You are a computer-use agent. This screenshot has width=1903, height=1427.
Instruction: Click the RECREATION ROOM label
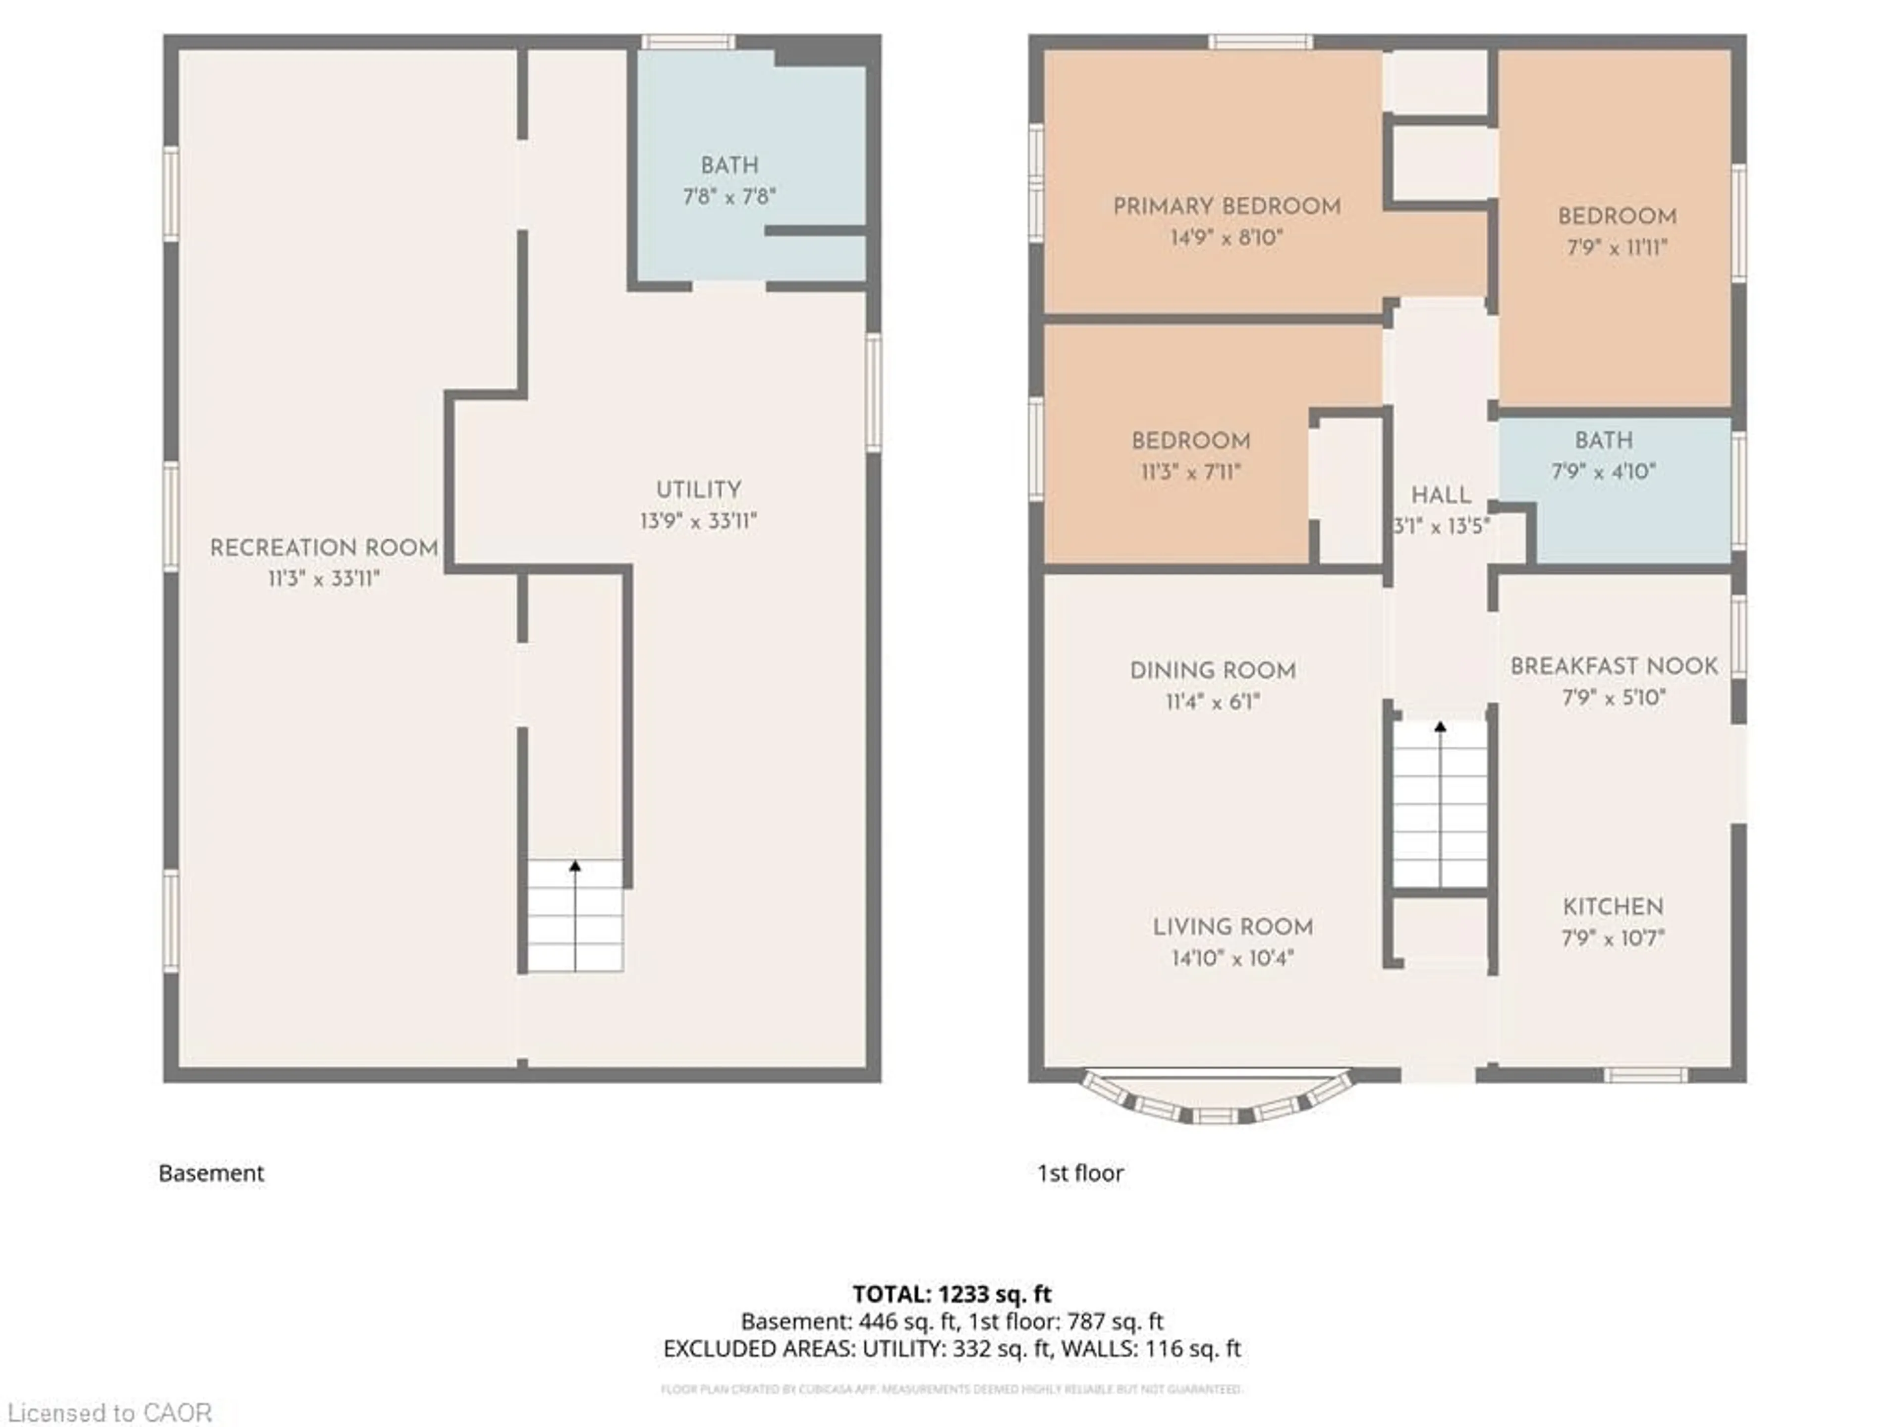click(x=324, y=548)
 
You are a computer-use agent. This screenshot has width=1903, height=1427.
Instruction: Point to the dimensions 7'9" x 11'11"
click(x=1617, y=248)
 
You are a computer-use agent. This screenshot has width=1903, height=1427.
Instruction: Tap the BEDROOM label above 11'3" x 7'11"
click(x=1191, y=441)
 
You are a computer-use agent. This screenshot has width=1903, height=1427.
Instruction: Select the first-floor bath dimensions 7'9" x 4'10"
click(x=1604, y=471)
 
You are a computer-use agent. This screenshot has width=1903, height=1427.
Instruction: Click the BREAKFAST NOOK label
click(x=1614, y=666)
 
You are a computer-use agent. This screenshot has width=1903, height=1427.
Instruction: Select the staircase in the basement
click(x=575, y=916)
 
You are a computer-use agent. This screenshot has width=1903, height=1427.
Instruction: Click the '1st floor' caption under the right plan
click(x=1080, y=1173)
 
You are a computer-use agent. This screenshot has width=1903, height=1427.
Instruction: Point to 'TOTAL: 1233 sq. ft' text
click(x=951, y=1294)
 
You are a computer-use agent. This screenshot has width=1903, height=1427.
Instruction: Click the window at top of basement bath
click(x=688, y=41)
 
